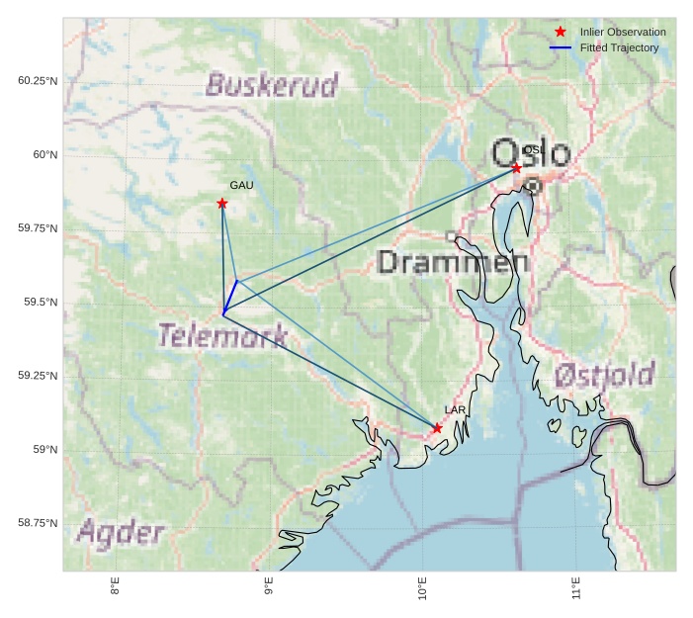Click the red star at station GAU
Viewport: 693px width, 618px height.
click(222, 204)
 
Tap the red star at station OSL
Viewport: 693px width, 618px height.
click(516, 168)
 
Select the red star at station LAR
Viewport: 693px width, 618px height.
click(437, 428)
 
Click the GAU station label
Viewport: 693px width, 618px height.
click(241, 185)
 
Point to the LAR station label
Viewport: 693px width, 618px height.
click(455, 409)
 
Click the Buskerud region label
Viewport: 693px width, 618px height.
click(272, 85)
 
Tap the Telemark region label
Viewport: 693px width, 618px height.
click(223, 335)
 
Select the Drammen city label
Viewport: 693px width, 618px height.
click(453, 262)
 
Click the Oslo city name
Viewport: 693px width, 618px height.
click(531, 154)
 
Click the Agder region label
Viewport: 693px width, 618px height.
click(121, 533)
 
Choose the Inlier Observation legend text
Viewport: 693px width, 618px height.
click(623, 33)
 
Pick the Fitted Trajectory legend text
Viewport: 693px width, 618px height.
click(619, 47)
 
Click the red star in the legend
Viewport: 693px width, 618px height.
click(561, 32)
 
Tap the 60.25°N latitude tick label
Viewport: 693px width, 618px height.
click(38, 80)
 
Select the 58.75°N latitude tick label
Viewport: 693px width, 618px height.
click(38, 523)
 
